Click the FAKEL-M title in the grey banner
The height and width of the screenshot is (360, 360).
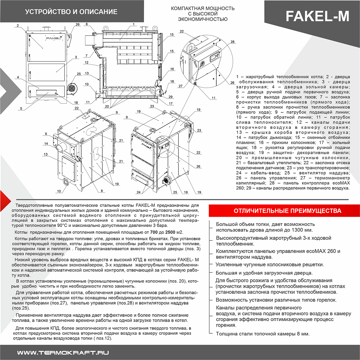tap(317, 16)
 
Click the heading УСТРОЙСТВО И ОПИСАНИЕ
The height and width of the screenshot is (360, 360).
tap(71, 12)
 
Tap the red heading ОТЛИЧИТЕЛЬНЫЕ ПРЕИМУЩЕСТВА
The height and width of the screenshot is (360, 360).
tap(287, 211)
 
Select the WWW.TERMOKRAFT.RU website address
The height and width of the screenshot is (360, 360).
tap(63, 353)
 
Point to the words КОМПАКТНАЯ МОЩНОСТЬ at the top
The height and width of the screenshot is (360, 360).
tap(202, 8)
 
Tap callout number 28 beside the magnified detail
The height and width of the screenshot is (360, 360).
tap(232, 42)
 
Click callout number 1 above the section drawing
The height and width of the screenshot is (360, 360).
tap(133, 24)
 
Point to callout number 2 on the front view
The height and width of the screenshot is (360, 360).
tap(18, 25)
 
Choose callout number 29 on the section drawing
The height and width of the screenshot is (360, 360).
tap(170, 97)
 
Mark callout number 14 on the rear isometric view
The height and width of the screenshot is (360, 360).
tap(46, 144)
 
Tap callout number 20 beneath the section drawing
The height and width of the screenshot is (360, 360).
tap(107, 106)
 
